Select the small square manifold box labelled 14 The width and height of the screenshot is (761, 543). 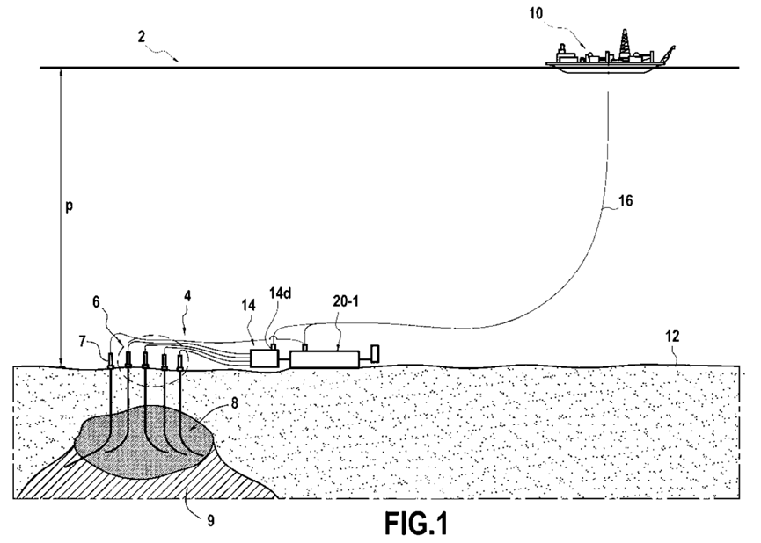pyautogui.click(x=264, y=358)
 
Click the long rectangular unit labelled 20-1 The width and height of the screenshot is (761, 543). pyautogui.click(x=326, y=358)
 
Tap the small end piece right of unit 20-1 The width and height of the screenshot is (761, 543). pyautogui.click(x=373, y=355)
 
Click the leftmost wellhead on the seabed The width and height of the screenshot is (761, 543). pyautogui.click(x=111, y=359)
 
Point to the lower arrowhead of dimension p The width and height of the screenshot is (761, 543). pyautogui.click(x=59, y=363)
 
